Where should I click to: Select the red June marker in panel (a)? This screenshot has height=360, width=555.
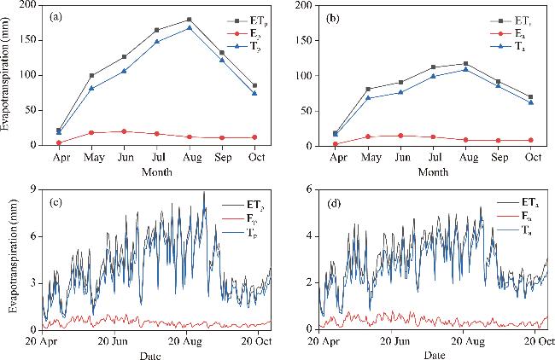pyautogui.click(x=124, y=131)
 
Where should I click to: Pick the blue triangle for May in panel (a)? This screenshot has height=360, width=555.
pyautogui.click(x=91, y=88)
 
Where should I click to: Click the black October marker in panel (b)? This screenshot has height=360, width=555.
pyautogui.click(x=530, y=96)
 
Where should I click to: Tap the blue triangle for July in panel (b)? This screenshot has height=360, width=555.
pyautogui.click(x=433, y=76)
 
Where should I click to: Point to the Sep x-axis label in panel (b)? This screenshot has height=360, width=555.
pyautogui.click(x=498, y=157)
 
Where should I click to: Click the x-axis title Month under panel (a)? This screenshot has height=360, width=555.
pyautogui.click(x=156, y=171)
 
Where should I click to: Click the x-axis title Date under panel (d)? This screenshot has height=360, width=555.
pyautogui.click(x=433, y=353)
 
